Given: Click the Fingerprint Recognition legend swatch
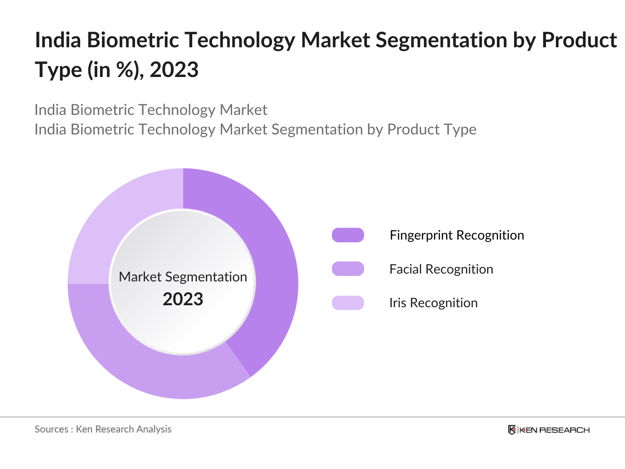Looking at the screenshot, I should (x=348, y=235).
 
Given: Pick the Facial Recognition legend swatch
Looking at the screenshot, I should (x=348, y=269).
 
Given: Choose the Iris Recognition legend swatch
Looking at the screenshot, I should (x=348, y=303).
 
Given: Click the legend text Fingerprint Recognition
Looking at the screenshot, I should (x=457, y=235).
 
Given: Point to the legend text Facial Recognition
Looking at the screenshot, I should (x=441, y=269).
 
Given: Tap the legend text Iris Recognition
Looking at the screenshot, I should (x=433, y=303).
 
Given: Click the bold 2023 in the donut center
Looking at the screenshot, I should (x=183, y=299).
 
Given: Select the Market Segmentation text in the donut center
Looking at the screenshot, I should (x=183, y=277).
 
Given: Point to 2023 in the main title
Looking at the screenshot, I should (x=174, y=70).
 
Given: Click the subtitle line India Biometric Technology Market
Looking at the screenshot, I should (x=151, y=110).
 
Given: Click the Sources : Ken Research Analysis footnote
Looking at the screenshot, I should (x=103, y=429).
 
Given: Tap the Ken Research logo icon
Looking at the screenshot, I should (x=512, y=430).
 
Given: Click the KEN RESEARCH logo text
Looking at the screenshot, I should (x=554, y=430).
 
